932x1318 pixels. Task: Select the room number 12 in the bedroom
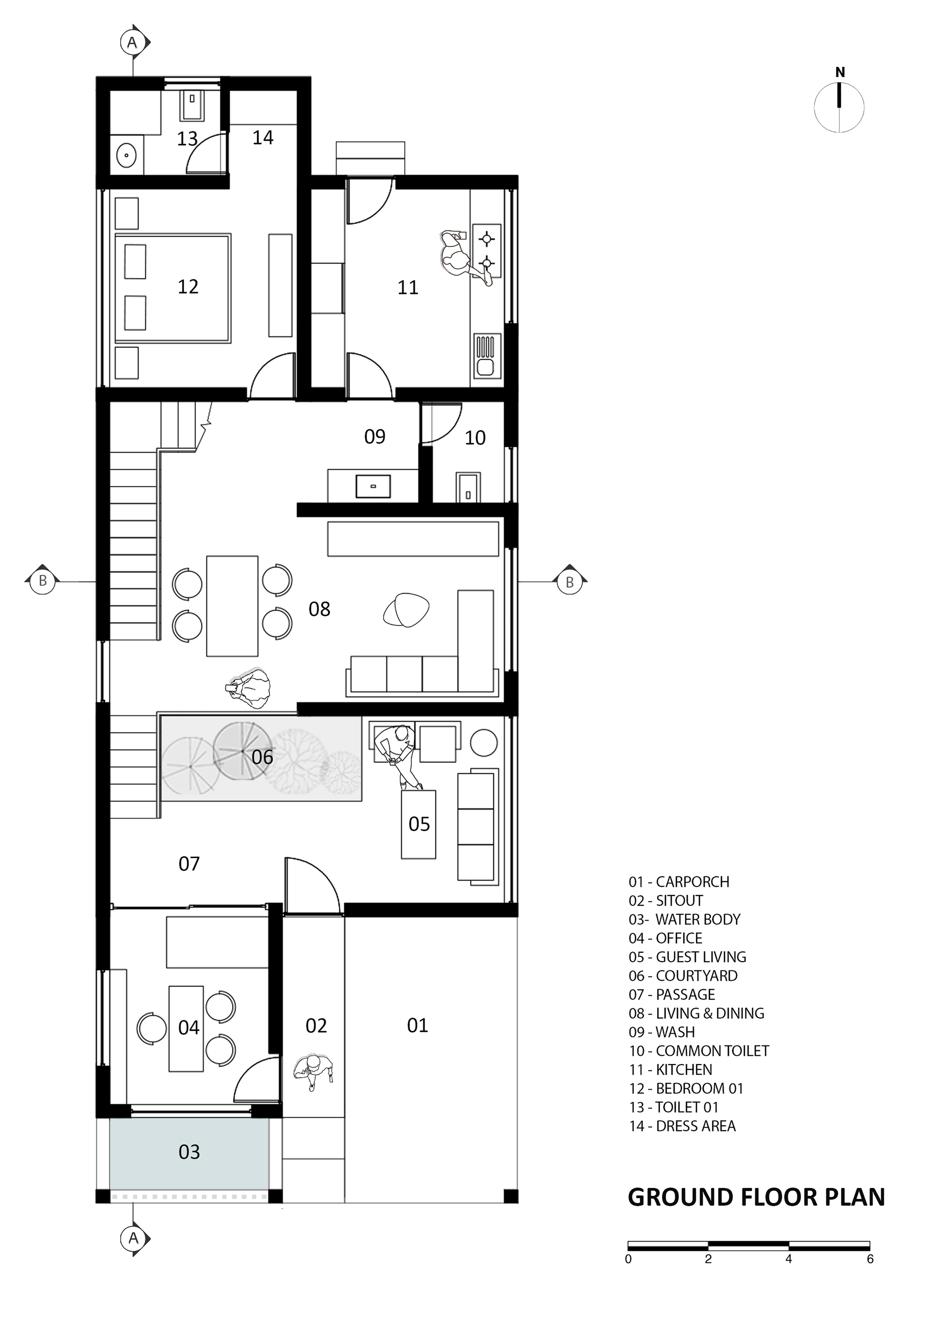pos(188,287)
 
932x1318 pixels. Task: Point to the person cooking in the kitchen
pos(465,256)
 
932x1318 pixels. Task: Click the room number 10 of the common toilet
pos(475,438)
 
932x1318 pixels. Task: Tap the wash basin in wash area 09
pos(373,485)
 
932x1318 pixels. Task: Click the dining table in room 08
pos(232,605)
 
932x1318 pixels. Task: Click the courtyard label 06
pos(262,757)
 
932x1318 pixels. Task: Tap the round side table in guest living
pos(484,742)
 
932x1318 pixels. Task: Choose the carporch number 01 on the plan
pos(418,1025)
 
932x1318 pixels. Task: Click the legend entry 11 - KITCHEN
pos(671,1069)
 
